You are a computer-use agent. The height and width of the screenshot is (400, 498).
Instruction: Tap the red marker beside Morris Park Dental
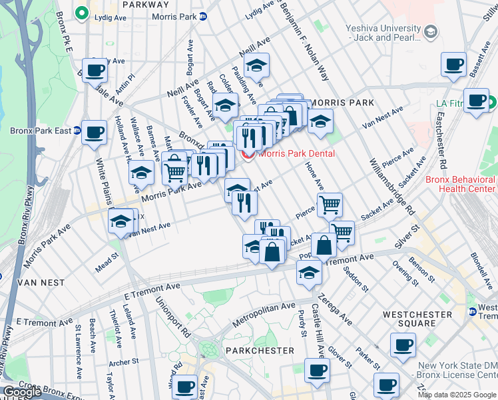point(250,155)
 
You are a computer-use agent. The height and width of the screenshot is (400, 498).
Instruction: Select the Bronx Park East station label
point(39,131)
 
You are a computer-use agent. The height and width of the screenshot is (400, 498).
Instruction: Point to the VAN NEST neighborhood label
point(41,283)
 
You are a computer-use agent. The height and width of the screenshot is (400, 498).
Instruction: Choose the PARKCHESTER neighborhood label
point(260,351)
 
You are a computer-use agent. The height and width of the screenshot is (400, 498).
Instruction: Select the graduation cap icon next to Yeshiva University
point(431,31)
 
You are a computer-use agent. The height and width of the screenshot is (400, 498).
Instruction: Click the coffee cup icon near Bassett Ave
point(453,65)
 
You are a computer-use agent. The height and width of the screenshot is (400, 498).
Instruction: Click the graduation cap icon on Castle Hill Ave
point(309,272)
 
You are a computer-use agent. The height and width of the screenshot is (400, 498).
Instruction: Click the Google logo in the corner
point(22,392)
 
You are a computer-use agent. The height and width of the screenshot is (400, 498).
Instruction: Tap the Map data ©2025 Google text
point(457,395)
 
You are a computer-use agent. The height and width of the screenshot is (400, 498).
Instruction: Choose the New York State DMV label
point(457,371)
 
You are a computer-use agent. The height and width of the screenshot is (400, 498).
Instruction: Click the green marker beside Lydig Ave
point(83,12)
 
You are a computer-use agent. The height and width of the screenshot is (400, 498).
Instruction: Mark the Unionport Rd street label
point(164,317)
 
